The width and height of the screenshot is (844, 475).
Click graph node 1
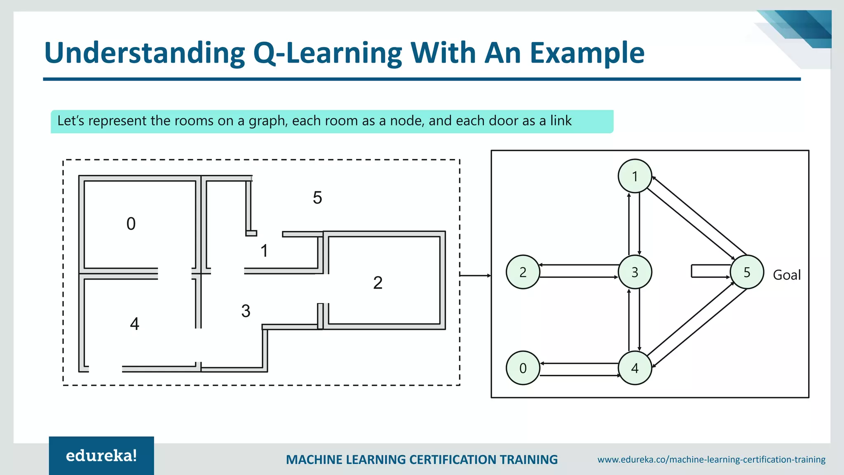(635, 176)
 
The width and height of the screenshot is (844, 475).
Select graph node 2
(523, 272)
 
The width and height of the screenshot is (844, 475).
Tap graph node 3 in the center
(635, 272)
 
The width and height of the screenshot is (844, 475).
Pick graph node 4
(635, 368)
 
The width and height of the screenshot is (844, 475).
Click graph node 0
(523, 368)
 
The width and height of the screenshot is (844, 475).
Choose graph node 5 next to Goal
(747, 272)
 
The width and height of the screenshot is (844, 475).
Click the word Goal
(786, 275)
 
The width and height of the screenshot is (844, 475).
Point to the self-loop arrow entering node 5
(709, 271)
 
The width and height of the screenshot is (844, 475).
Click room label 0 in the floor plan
(131, 224)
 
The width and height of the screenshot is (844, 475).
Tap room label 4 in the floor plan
(134, 324)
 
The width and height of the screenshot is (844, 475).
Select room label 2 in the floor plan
(377, 283)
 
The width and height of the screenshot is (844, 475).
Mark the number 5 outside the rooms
(317, 198)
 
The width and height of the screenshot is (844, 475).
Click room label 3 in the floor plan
(246, 311)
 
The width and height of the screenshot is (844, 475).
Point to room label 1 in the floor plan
(264, 251)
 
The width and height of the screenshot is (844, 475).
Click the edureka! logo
(101, 456)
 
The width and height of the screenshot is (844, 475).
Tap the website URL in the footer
(711, 459)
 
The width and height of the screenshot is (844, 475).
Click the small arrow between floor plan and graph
(475, 275)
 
